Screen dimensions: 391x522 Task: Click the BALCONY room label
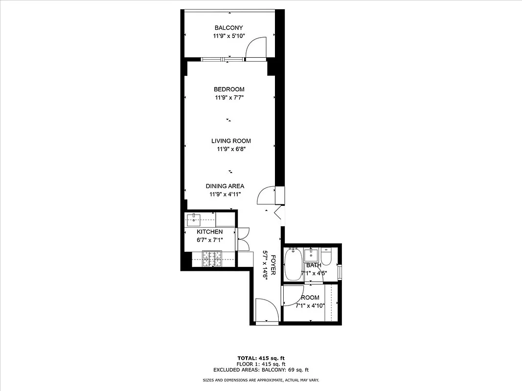pos(228,28)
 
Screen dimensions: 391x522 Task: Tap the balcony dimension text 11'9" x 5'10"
pos(228,37)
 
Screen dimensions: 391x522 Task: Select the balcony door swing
pos(255,48)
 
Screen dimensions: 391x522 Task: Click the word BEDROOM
pos(229,89)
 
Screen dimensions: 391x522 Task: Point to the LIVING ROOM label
pos(227,141)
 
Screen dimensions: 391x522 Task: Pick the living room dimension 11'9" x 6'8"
pos(228,150)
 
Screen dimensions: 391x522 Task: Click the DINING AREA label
pos(225,186)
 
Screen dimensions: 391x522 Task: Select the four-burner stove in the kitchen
pos(212,259)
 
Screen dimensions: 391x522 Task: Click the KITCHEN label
pos(210,232)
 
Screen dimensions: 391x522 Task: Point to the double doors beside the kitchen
pos(243,240)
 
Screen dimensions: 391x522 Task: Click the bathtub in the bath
pos(294,264)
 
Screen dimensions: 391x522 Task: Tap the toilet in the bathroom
pos(326,257)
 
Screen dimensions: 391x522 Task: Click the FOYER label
pos(273,264)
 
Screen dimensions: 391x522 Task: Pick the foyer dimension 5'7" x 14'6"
pos(265,264)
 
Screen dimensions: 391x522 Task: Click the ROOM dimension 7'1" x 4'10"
pos(310,306)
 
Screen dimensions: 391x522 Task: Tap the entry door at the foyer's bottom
pos(267,311)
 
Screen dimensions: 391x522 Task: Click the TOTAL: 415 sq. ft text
pos(261,358)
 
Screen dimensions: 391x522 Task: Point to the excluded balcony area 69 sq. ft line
pos(261,370)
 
